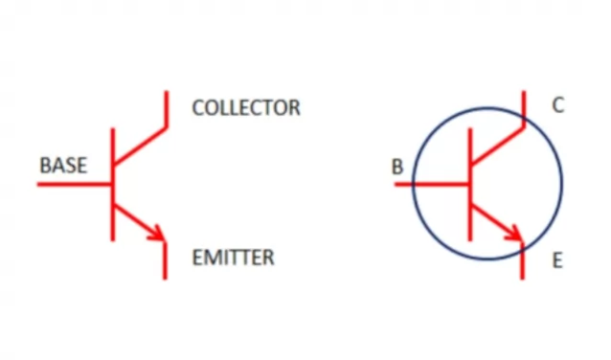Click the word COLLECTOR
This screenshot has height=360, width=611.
[x=246, y=107]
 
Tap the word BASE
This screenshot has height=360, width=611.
[x=63, y=166]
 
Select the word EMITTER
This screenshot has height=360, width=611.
[x=233, y=258]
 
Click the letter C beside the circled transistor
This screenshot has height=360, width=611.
[x=558, y=105]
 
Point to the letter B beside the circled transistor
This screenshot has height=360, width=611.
[x=396, y=167]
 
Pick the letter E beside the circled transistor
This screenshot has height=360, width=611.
[x=558, y=259]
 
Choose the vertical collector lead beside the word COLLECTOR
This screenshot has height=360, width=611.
[x=166, y=107]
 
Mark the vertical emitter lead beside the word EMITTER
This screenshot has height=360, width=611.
[x=166, y=260]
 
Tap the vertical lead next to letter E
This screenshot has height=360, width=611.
[x=524, y=262]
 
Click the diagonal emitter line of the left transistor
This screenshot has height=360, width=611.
[x=134, y=218]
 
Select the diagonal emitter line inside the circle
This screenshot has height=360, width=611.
[x=490, y=218]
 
